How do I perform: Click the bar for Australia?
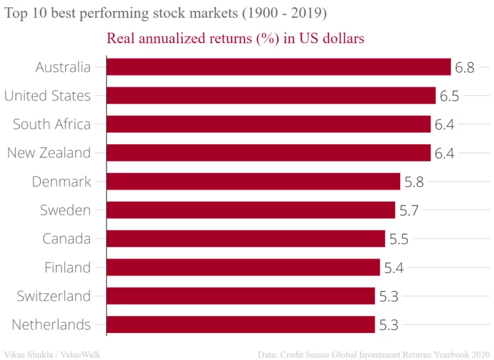click(x=278, y=67)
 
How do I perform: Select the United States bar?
click(x=270, y=96)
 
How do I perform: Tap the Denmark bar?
click(x=253, y=181)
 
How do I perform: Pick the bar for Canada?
click(x=245, y=239)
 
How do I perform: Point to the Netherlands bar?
click(x=240, y=325)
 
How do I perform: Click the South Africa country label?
click(x=51, y=124)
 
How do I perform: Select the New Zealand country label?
click(x=49, y=153)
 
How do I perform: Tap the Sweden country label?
click(x=65, y=210)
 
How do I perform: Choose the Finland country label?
click(x=68, y=267)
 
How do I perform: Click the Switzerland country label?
click(x=53, y=296)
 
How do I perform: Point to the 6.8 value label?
click(x=464, y=67)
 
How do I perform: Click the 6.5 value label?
click(x=449, y=96)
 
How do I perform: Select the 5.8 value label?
click(x=414, y=181)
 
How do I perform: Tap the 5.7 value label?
click(x=408, y=210)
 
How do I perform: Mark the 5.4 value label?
click(x=393, y=267)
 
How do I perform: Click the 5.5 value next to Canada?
click(x=398, y=239)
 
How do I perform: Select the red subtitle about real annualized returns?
click(x=235, y=39)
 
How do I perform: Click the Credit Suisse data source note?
click(x=374, y=354)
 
